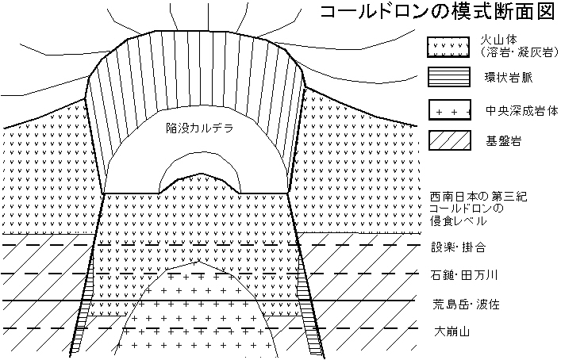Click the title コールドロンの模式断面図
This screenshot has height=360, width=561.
[x=437, y=12]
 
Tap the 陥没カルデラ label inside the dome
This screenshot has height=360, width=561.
[x=200, y=128]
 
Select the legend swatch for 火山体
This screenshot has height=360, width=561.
[x=448, y=47]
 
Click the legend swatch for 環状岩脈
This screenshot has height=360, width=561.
[x=449, y=77]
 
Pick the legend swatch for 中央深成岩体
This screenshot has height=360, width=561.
[x=450, y=109]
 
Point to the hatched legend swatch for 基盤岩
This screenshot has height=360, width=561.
[x=450, y=140]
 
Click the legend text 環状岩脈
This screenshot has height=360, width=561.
[x=509, y=78]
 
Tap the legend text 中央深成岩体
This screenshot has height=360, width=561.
[x=521, y=110]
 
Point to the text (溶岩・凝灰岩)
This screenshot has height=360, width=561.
[x=520, y=52]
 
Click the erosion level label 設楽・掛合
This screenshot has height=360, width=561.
[x=459, y=247]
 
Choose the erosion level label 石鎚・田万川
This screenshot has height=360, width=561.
[x=464, y=275]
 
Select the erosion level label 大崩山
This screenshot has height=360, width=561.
[x=451, y=331]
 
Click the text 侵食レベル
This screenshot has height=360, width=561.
[x=459, y=221]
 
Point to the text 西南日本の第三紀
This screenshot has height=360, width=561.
[x=478, y=197]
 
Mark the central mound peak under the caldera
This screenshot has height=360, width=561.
[x=200, y=174]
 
